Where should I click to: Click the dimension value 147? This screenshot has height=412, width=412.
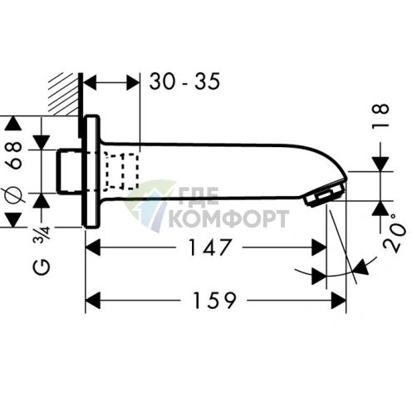click(x=204, y=248)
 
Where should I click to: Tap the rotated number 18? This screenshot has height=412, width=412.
click(x=380, y=114)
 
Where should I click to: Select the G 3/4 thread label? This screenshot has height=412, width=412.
click(x=13, y=254)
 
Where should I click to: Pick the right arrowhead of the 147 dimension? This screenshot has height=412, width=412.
click(x=319, y=247)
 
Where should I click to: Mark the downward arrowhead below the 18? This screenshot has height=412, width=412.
click(x=380, y=162)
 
